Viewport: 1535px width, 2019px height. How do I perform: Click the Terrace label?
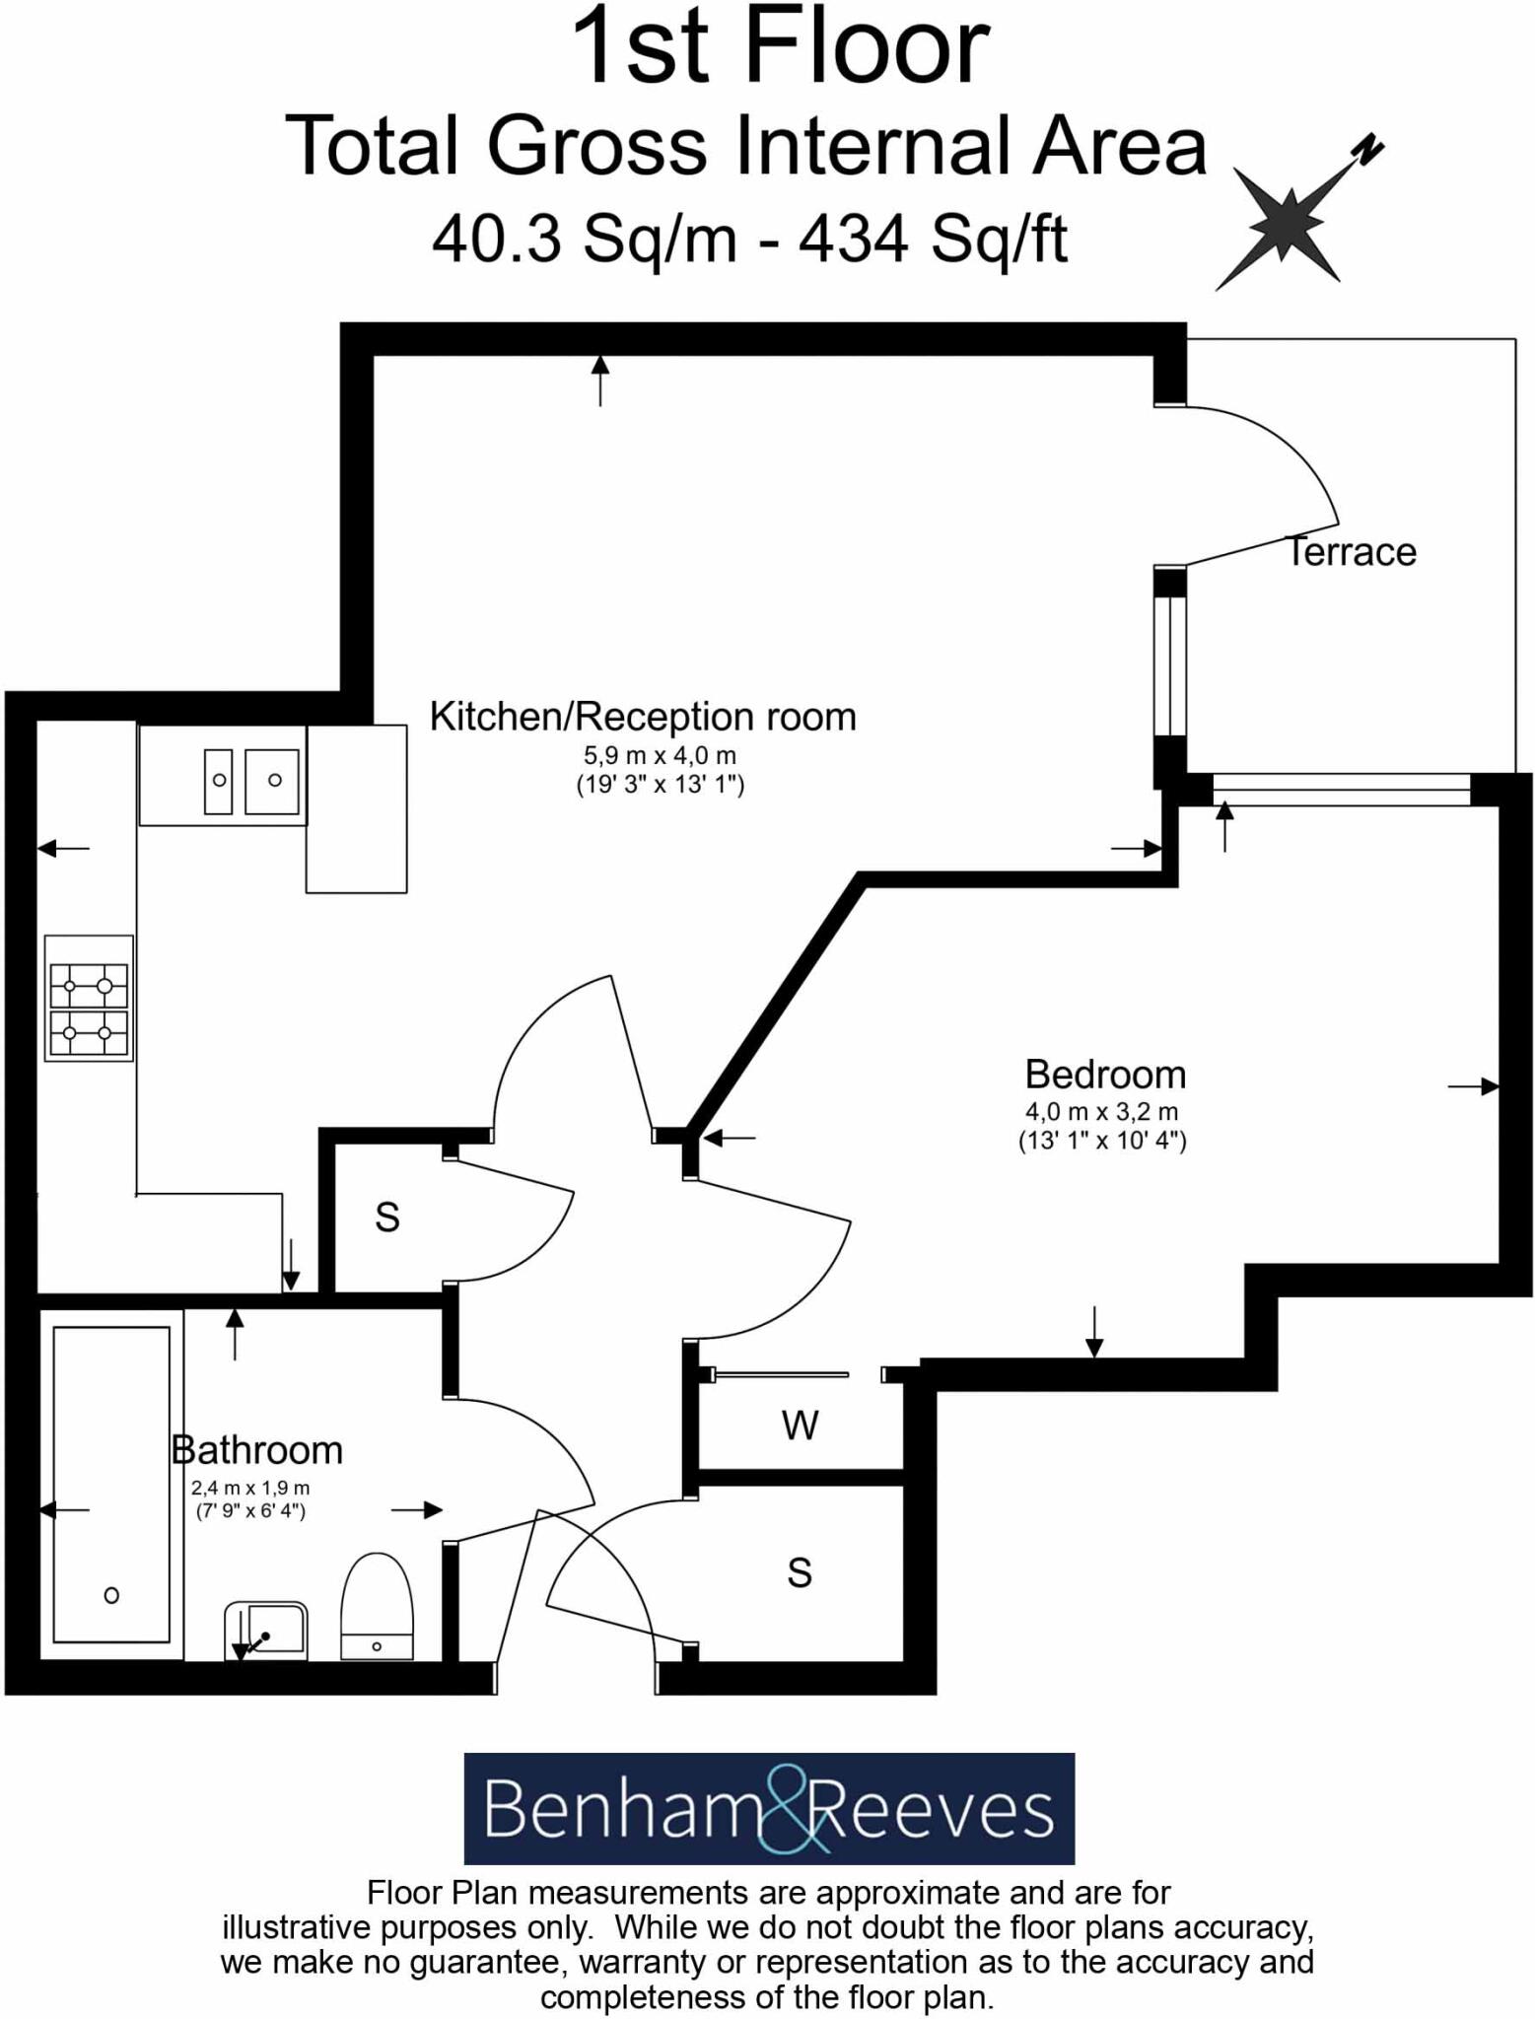pos(1350,552)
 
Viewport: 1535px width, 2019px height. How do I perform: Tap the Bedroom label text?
pos(1104,1075)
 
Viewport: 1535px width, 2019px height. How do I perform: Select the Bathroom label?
pos(257,1450)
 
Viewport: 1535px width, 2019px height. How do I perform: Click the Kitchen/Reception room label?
pos(643,717)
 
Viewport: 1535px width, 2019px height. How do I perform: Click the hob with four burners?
pos(89,997)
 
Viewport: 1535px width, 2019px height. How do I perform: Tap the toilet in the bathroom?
pos(377,1608)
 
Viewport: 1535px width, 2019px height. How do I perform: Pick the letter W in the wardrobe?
pos(800,1426)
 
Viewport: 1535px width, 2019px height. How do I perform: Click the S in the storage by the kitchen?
pos(387,1218)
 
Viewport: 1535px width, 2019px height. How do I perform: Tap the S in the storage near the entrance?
pos(800,1573)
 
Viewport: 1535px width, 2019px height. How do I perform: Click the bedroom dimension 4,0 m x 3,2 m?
pos(1101,1112)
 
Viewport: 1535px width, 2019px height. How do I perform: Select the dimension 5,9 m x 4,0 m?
pos(660,756)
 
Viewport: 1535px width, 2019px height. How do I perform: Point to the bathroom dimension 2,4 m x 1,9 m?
pos(250,1488)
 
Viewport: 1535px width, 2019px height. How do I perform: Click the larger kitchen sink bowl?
pos(272,781)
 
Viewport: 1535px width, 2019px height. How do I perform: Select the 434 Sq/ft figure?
pos(933,240)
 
